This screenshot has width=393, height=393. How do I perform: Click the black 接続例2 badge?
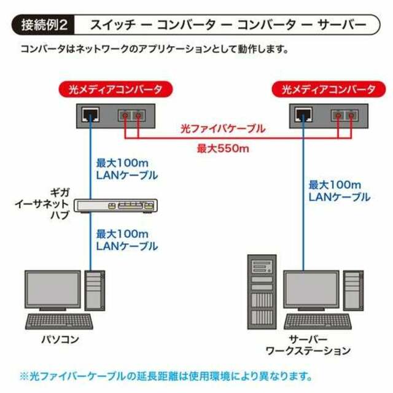[43, 25]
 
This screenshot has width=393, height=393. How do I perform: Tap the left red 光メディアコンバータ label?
[115, 89]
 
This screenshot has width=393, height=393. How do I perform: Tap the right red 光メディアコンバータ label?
[329, 89]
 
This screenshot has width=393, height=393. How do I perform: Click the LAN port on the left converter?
[90, 115]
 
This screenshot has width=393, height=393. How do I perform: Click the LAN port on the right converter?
[303, 115]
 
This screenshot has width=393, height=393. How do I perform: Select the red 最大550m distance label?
[223, 149]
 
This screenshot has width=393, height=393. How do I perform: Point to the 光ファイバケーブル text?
[223, 128]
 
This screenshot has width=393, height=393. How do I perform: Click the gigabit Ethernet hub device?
[115, 206]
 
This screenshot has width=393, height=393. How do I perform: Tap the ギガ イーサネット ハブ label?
[42, 204]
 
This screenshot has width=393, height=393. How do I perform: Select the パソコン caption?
[60, 340]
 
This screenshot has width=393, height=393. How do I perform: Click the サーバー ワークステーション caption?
[308, 345]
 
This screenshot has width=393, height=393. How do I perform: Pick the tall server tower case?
[262, 292]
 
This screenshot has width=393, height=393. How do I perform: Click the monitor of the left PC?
[53, 290]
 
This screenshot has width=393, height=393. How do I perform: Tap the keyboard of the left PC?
[59, 322]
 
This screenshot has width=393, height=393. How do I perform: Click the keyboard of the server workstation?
[318, 322]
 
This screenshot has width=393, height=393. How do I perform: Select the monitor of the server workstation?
[311, 290]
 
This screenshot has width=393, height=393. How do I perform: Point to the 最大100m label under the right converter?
[335, 185]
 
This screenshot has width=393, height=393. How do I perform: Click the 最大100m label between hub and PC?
[122, 234]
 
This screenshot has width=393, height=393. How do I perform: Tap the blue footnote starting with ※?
[166, 376]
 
